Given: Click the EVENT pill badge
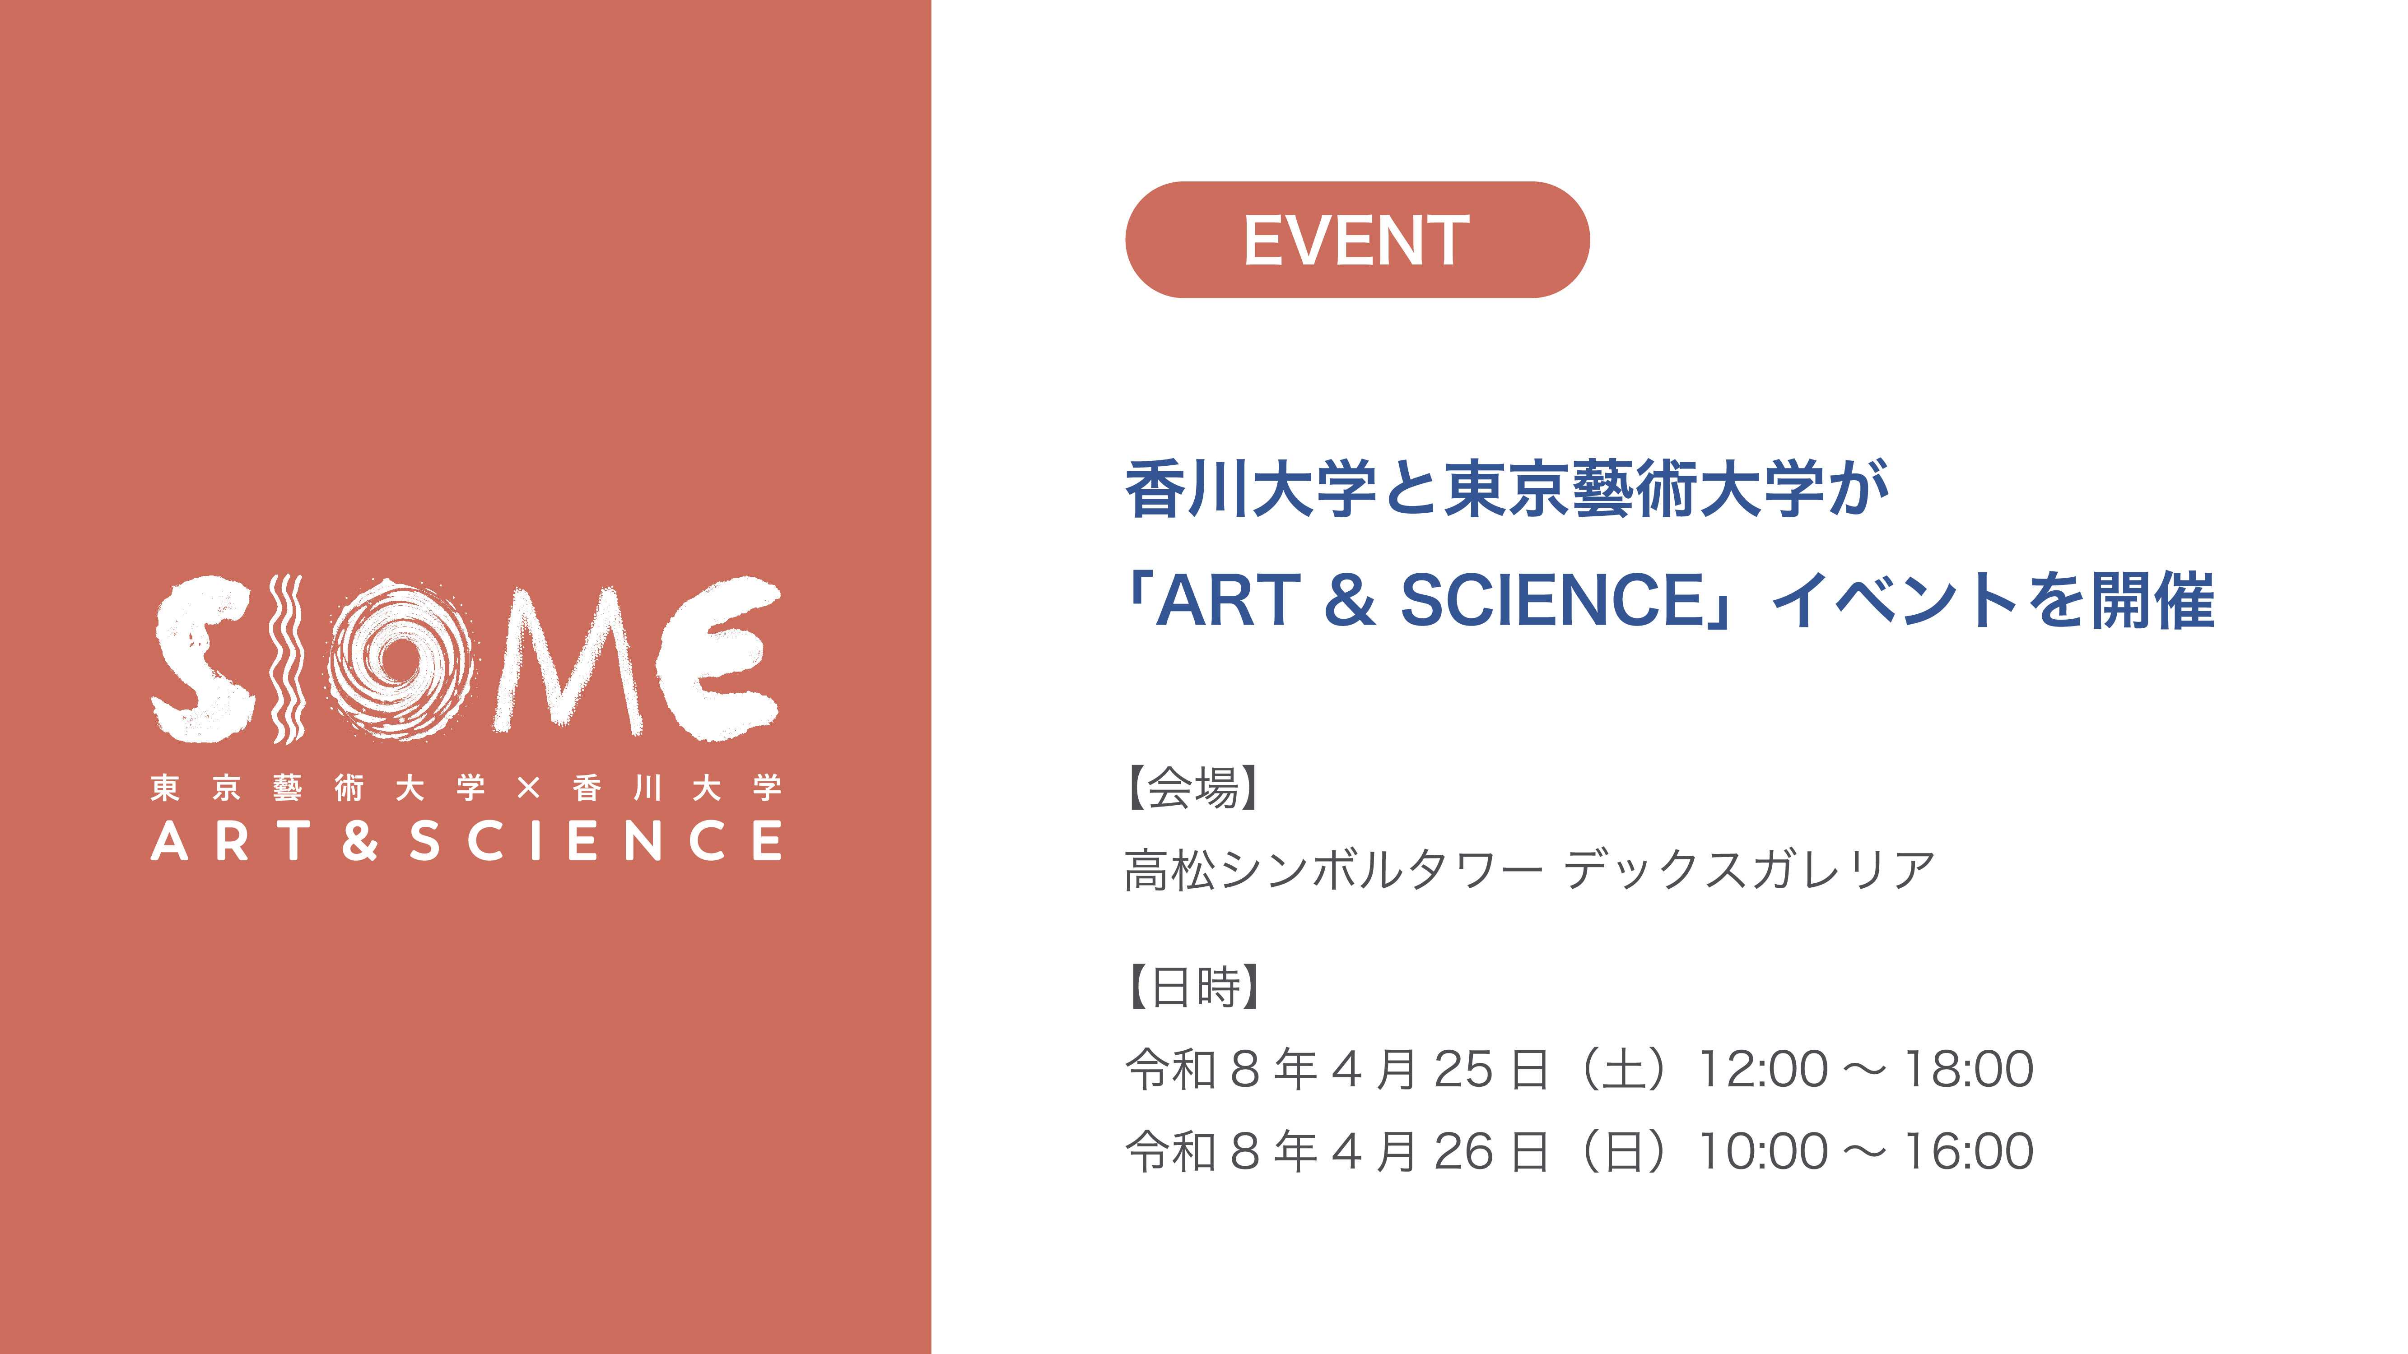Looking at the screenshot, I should click(x=1356, y=240).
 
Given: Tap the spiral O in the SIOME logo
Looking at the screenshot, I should click(x=400, y=659).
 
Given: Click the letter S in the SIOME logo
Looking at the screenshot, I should click(x=204, y=659).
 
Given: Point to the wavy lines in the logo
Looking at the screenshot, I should click(x=286, y=659).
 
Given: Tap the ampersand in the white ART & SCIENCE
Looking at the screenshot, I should click(x=360, y=840).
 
